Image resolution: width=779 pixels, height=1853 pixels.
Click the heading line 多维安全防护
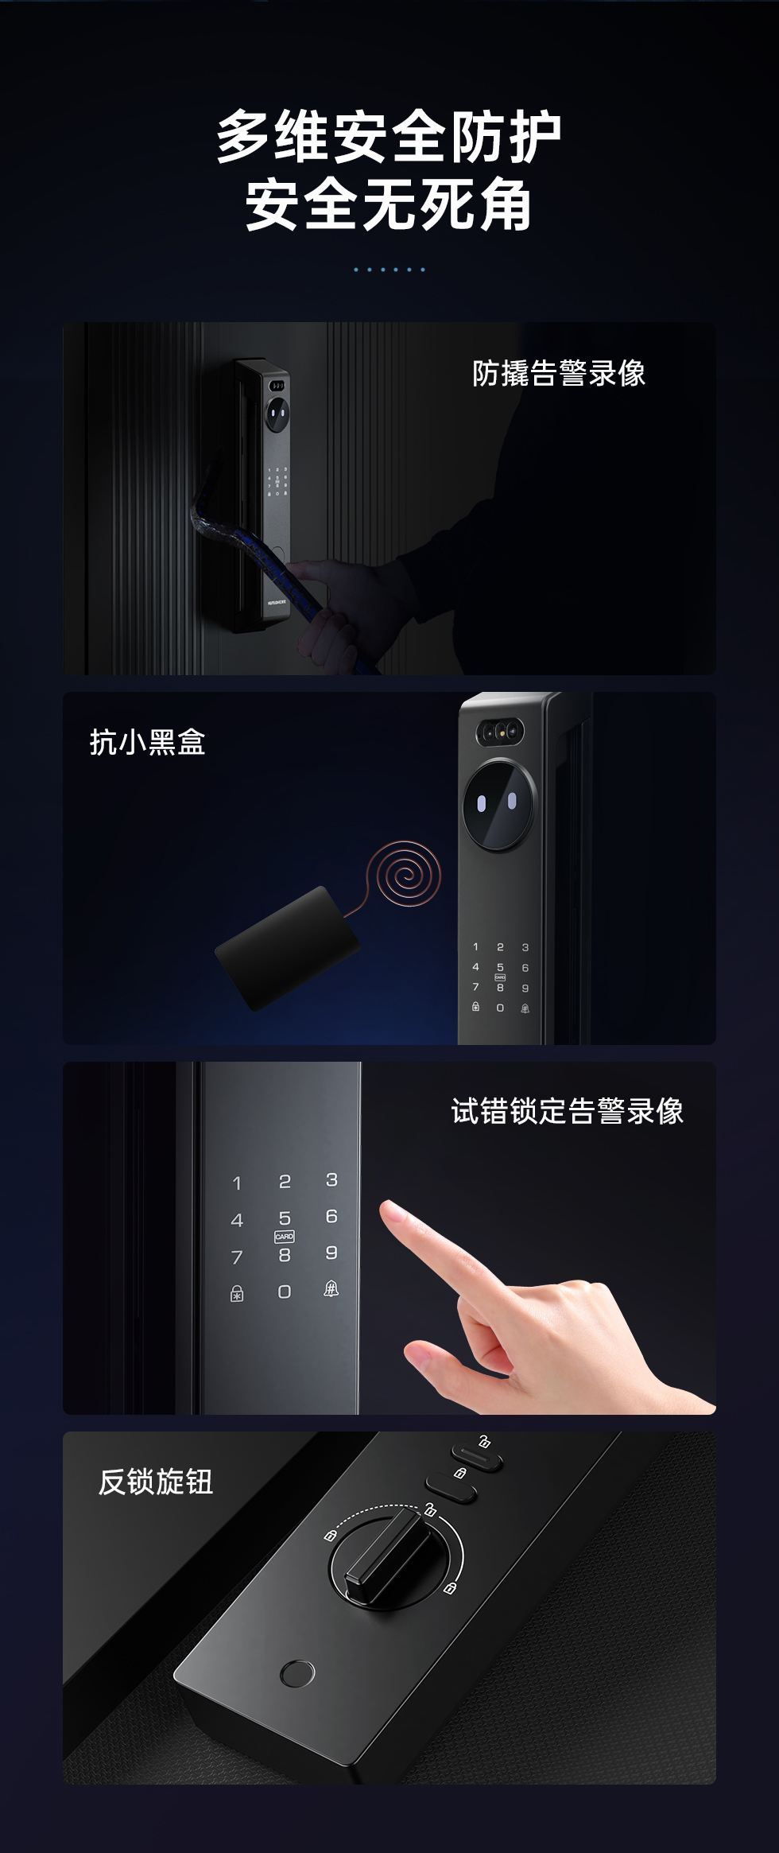(x=389, y=137)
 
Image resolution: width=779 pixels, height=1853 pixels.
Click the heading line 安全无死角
(x=389, y=205)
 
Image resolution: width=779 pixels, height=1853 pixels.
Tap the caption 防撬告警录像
(x=559, y=373)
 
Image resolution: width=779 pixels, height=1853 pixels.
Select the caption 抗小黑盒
(x=148, y=742)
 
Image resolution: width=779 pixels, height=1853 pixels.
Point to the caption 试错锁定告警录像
(x=568, y=1111)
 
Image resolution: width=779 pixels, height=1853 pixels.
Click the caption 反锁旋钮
(x=156, y=1482)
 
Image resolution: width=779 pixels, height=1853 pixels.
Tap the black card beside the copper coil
(x=288, y=948)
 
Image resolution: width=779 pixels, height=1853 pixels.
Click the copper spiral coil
(x=406, y=875)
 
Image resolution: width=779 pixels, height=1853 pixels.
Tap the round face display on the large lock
(x=499, y=805)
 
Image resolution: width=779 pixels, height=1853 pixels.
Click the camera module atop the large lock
(x=501, y=732)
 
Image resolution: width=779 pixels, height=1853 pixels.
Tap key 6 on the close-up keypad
(x=331, y=1216)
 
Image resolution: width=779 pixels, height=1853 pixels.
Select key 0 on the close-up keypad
(x=284, y=1292)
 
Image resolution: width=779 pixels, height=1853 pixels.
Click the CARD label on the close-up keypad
(x=284, y=1237)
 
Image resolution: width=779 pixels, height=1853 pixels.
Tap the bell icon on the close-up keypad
(x=331, y=1289)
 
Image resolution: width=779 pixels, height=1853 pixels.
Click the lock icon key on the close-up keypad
(x=237, y=1294)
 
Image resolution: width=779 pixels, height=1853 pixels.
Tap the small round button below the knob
(x=297, y=1674)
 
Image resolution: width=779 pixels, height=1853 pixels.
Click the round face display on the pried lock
(x=277, y=414)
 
